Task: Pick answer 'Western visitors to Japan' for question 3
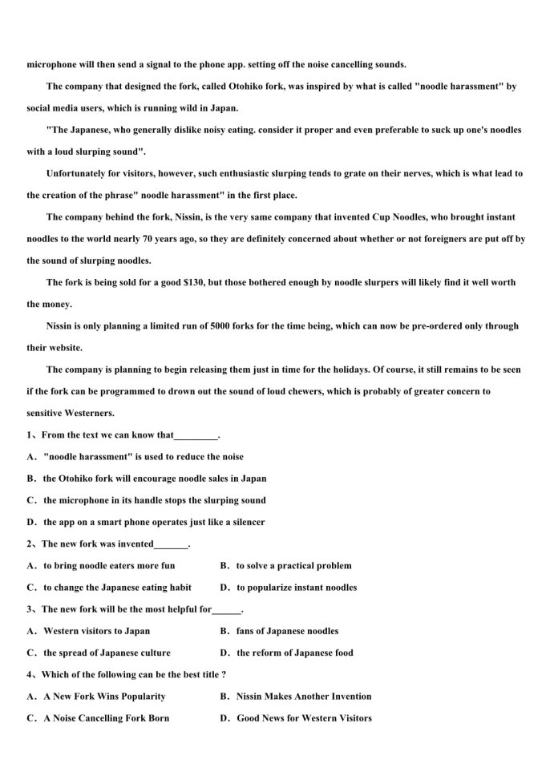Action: (96, 631)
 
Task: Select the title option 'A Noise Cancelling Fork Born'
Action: (106, 718)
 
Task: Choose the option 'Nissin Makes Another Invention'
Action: (304, 696)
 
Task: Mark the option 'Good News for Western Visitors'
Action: (304, 718)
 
